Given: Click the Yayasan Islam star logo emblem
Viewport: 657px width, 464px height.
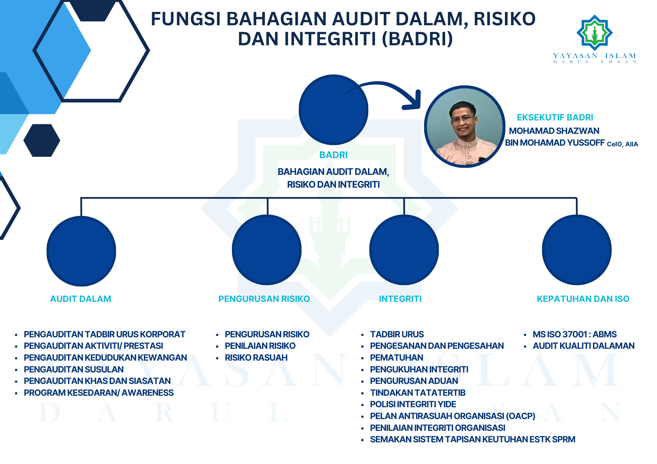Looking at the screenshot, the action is (x=595, y=33).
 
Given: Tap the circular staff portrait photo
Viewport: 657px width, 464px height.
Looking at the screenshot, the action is (x=464, y=127).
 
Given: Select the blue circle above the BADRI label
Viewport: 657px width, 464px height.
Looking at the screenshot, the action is (x=333, y=110).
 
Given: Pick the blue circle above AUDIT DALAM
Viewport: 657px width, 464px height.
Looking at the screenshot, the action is (x=81, y=251).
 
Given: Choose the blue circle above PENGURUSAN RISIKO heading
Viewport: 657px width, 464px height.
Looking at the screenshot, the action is (x=267, y=250).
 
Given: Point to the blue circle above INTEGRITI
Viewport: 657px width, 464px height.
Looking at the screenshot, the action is (x=404, y=250).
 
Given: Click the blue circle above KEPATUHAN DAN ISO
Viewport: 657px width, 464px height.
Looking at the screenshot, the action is (x=577, y=250).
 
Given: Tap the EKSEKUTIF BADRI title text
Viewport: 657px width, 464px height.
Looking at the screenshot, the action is (x=555, y=117).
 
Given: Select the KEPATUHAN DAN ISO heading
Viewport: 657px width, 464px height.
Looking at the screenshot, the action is (x=583, y=299).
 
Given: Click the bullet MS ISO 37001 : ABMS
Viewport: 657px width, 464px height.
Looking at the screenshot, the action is (x=575, y=334).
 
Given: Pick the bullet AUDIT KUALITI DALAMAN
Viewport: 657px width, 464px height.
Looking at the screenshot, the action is (x=584, y=346).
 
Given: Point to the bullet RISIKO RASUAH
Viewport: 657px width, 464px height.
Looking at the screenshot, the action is (x=256, y=358).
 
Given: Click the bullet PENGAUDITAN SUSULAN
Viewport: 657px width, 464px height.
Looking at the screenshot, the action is (x=74, y=369).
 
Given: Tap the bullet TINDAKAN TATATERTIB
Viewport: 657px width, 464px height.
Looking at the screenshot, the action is (x=418, y=393).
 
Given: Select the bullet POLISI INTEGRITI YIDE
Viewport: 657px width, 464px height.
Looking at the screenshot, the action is (x=413, y=404).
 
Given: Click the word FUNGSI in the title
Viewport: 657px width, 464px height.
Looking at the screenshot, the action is (x=186, y=19).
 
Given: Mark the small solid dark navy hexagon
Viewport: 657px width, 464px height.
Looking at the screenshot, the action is (x=42, y=140).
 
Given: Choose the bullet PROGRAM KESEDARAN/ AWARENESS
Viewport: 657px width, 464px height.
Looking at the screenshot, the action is (x=99, y=393).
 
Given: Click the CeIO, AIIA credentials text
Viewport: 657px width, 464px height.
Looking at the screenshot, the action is (x=623, y=144).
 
